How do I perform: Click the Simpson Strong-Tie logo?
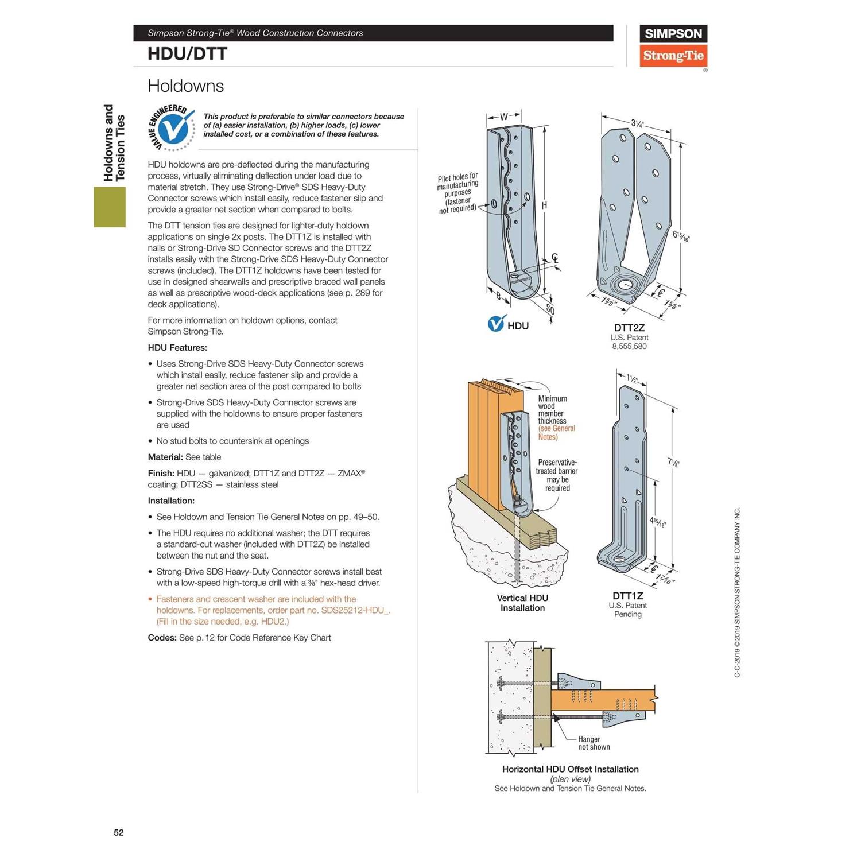coord(673,46)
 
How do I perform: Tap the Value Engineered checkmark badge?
coord(172,128)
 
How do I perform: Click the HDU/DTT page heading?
coord(187,54)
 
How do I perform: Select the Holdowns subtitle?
coord(185,86)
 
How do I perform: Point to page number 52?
coord(119,832)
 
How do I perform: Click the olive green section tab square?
coord(110,207)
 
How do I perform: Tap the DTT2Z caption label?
coord(629,328)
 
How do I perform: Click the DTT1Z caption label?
coord(627,596)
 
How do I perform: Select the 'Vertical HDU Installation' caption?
coord(522,603)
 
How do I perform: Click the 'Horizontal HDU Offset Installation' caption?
coord(570,769)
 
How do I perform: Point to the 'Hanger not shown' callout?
coord(594,743)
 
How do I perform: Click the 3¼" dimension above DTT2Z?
coord(637,123)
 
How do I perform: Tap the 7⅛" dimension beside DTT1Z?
coord(673,462)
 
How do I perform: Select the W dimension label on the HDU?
coord(503,117)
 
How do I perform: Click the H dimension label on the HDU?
coord(544,205)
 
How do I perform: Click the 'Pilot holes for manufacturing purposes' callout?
coord(457,192)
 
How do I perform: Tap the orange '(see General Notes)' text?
coord(556,433)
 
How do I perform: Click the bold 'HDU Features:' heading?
coord(177,348)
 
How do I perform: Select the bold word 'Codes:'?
coord(162,638)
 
